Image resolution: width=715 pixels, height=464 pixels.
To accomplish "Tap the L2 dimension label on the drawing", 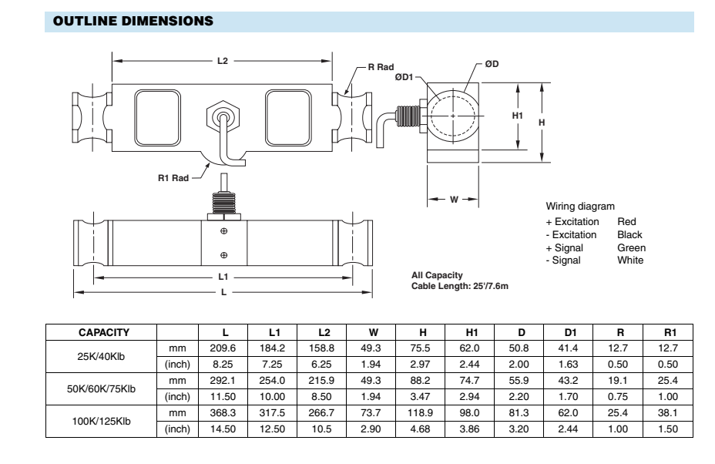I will click(x=223, y=61).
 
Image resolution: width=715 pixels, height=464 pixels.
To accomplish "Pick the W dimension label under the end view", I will click(x=454, y=199).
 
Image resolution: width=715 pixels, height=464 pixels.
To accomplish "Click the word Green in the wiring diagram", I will click(x=631, y=247).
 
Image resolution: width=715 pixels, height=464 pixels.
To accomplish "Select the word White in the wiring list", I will click(x=629, y=260).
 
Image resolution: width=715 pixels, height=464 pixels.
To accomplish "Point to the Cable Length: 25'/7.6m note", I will click(x=461, y=287).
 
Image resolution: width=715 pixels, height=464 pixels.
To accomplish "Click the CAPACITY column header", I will click(x=103, y=333).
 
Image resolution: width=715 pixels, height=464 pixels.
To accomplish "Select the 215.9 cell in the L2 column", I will click(x=324, y=384).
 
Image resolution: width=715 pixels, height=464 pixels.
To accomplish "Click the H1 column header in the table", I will click(x=472, y=333).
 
